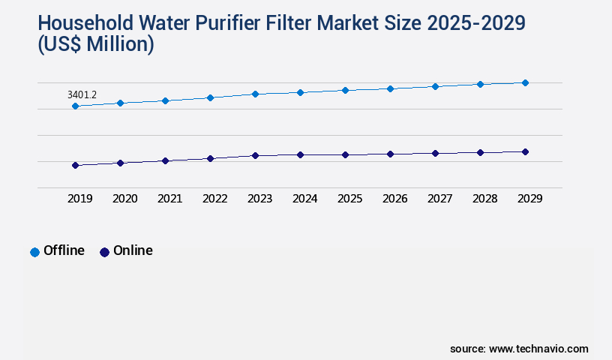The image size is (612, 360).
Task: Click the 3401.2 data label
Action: tap(82, 95)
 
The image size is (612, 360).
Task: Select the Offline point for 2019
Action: tap(75, 106)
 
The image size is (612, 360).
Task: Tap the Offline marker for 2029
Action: tap(525, 82)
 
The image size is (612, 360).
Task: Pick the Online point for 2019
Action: tap(75, 165)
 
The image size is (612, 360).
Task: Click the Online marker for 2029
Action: tap(525, 151)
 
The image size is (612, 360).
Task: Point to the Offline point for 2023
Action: tap(255, 94)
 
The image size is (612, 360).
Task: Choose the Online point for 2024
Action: tap(300, 154)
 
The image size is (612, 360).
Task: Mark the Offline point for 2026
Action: tap(390, 88)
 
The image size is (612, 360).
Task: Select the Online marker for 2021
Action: tap(165, 160)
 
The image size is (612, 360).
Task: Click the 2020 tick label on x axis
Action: tap(124, 199)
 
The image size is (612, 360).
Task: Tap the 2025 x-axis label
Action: tap(349, 199)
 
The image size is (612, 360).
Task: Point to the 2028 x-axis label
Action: tap(484, 199)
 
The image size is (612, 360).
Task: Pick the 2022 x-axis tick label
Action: tap(214, 199)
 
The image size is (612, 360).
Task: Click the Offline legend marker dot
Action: tap(34, 252)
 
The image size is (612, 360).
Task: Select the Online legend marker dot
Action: tap(104, 252)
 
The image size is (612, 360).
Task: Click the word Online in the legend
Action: tap(133, 250)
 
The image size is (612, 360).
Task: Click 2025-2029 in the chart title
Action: tap(476, 23)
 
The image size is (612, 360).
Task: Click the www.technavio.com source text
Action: tap(538, 349)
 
